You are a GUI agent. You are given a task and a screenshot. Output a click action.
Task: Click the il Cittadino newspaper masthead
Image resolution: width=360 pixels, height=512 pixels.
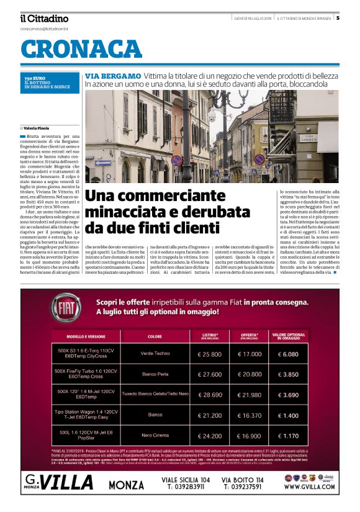(44, 19)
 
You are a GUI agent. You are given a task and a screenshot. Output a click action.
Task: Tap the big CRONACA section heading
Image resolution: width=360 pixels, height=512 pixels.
(81, 49)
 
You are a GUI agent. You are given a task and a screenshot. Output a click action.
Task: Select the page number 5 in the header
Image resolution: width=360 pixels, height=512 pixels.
(338, 17)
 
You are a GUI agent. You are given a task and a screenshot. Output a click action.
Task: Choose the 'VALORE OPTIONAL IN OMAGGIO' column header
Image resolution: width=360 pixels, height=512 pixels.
(307, 336)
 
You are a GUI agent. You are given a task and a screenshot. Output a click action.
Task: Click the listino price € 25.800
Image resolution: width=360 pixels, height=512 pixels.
(209, 354)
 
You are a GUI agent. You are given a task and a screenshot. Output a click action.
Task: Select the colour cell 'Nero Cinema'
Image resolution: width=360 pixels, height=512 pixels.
(155, 435)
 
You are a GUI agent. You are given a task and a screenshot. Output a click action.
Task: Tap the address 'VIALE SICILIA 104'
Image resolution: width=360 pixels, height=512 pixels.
(186, 480)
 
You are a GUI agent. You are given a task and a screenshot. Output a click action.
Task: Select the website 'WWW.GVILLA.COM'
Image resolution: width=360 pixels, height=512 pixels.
(310, 487)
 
